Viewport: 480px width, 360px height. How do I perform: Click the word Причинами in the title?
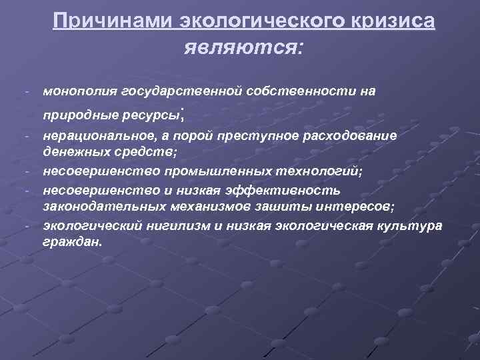[x=113, y=21]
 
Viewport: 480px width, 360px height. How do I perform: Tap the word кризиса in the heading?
[x=393, y=21]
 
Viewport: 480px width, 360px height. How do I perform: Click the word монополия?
[x=77, y=90]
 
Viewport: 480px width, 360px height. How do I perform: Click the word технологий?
[x=311, y=171]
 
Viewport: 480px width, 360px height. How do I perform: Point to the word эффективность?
[x=288, y=189]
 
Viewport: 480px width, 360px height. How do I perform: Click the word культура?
[x=412, y=225]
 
